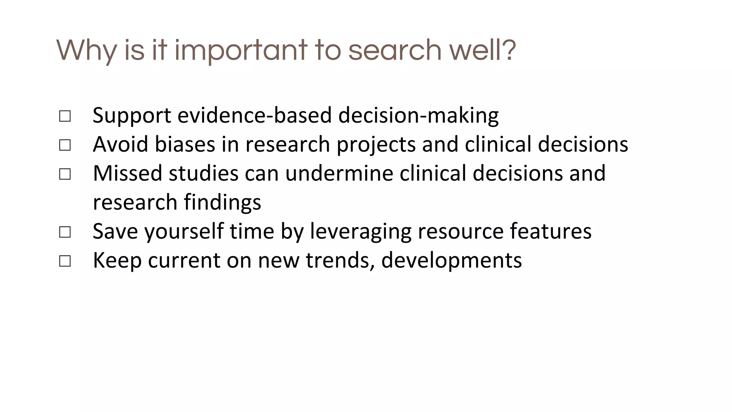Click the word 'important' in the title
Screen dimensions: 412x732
(241, 50)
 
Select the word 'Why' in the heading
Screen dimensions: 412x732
(86, 50)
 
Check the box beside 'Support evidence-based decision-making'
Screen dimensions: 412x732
(65, 116)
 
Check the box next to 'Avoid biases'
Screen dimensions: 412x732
(65, 145)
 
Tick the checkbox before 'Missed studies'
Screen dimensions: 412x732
(65, 174)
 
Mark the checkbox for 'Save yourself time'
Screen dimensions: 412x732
(65, 232)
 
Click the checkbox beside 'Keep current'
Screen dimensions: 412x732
(65, 261)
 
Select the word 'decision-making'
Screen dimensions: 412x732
(418, 116)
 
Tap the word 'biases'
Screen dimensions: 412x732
(185, 144)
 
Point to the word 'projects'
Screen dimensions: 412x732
(376, 144)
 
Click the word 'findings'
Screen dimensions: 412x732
(222, 202)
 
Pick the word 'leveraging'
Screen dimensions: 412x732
(361, 231)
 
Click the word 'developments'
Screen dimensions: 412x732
(451, 260)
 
